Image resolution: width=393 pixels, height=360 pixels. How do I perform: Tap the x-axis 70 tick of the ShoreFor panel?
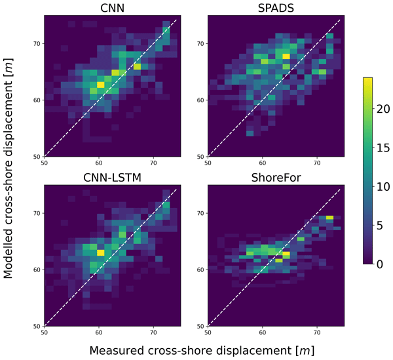[316, 332]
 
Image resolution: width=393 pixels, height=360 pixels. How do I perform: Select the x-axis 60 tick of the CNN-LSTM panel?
[99, 332]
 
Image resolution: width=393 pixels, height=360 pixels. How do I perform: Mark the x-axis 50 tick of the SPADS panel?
[208, 162]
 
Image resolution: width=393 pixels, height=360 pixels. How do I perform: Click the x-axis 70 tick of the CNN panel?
[153, 162]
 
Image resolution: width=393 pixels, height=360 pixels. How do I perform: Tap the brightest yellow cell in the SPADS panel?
[286, 56]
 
